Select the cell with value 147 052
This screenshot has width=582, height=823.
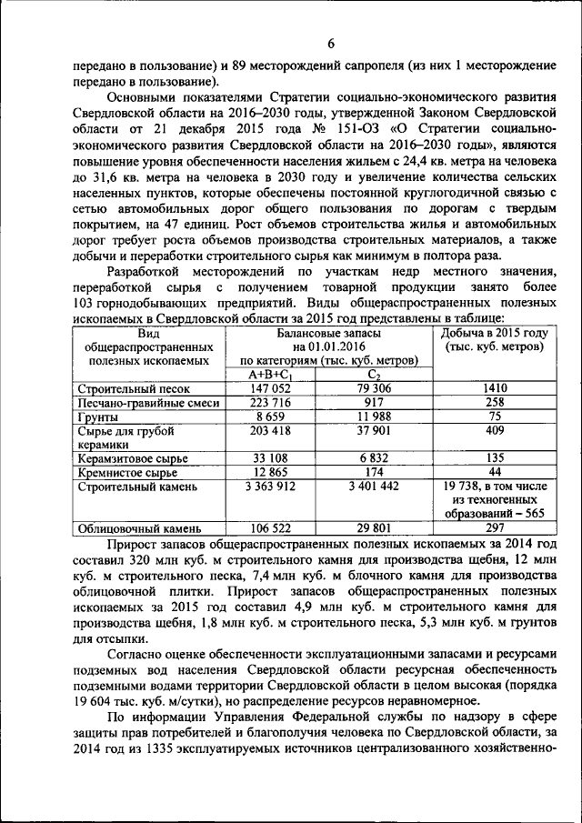[x=271, y=388]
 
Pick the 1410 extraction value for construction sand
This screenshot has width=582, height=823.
[x=494, y=388]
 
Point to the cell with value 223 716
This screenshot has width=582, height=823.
[x=271, y=402]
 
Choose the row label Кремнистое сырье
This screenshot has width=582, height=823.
[x=115, y=472]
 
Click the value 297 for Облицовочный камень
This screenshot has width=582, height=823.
[x=494, y=527]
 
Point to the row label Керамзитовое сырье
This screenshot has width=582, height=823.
[x=121, y=458]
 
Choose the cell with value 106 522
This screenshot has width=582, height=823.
[x=271, y=527]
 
